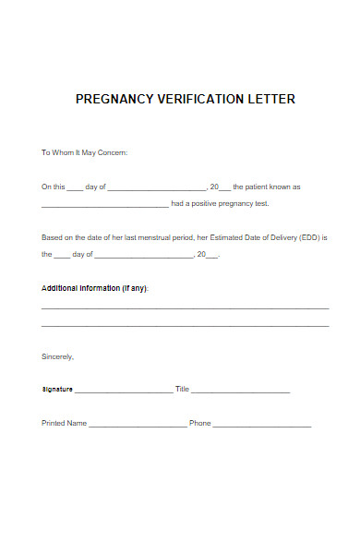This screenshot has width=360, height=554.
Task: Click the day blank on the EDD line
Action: click(62, 256)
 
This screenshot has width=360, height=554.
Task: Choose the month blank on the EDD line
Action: click(143, 256)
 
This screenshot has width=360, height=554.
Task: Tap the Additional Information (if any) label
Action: click(95, 288)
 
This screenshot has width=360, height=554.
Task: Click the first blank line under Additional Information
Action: click(185, 307)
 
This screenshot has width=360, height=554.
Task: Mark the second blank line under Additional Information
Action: click(185, 326)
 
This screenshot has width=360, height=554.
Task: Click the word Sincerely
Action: click(57, 356)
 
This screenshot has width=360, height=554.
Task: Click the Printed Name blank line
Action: click(138, 426)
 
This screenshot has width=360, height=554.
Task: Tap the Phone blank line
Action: click(262, 426)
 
